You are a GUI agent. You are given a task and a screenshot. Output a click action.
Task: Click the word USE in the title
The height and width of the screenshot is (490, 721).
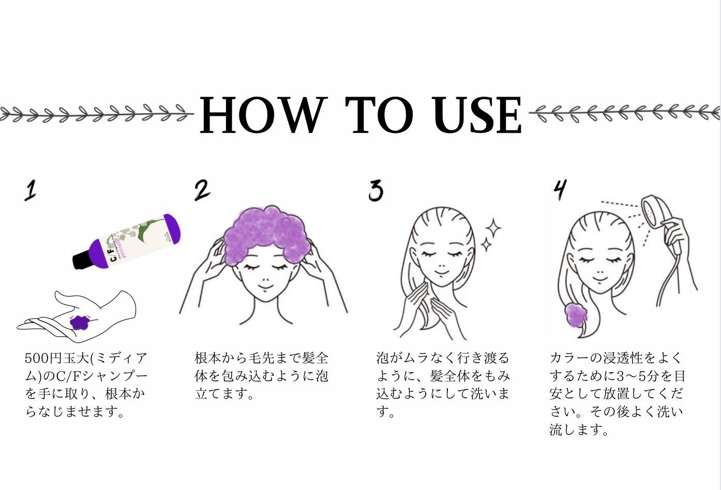click(x=477, y=115)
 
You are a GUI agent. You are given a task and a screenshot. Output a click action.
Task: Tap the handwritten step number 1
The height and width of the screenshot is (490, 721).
click(x=31, y=190)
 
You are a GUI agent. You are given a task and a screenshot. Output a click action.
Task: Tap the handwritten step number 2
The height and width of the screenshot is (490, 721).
click(x=202, y=190)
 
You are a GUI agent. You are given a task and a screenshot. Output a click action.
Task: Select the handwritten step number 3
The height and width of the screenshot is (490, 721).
click(x=375, y=190)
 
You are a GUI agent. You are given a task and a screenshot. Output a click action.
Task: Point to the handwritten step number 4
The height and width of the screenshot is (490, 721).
click(x=560, y=190)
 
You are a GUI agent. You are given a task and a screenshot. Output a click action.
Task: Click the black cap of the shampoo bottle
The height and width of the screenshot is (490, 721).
click(x=81, y=261)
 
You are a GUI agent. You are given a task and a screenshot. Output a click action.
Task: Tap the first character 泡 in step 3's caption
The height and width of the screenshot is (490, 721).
click(x=383, y=358)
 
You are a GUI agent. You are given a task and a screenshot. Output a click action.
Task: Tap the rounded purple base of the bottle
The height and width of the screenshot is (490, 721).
click(x=172, y=229)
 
